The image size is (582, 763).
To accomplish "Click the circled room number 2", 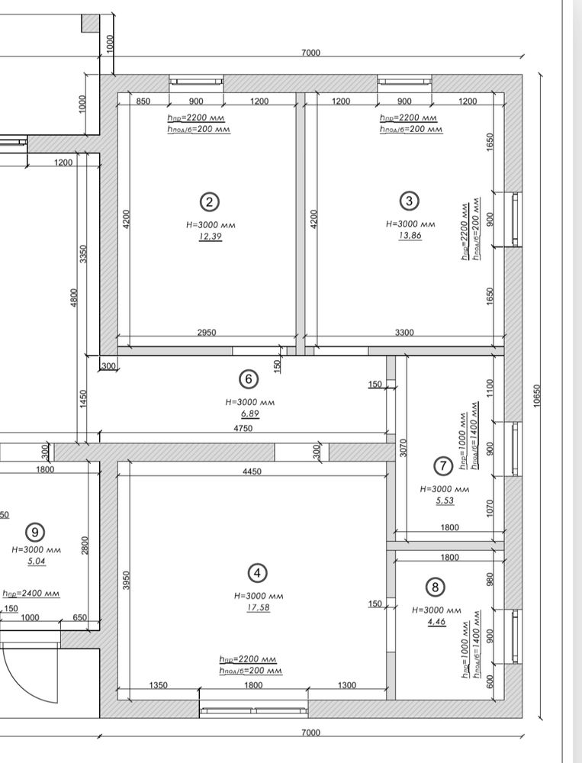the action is click(x=209, y=202).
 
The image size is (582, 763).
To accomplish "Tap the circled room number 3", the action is click(x=409, y=201).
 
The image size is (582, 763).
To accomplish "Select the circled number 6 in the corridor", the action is click(x=249, y=379).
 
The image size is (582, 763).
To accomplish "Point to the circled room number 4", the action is click(x=257, y=573).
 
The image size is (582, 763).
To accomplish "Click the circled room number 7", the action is click(x=443, y=466).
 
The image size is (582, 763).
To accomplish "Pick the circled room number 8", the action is click(x=435, y=588).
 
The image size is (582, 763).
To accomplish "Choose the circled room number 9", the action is click(x=34, y=533).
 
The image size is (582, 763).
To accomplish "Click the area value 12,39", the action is click(x=211, y=237).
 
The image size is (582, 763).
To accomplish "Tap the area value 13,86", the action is click(x=410, y=236).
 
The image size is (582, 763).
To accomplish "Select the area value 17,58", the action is click(x=258, y=607).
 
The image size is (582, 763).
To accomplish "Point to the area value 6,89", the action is click(x=249, y=414).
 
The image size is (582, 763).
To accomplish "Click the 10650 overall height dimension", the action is click(x=537, y=395).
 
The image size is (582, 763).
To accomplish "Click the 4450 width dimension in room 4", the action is click(x=252, y=471).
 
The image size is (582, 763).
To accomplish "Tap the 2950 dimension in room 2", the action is click(x=207, y=333).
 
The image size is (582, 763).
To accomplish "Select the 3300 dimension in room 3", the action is click(x=404, y=333).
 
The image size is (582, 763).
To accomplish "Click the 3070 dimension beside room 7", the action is click(x=403, y=448).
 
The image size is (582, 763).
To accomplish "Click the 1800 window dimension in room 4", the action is click(x=253, y=685).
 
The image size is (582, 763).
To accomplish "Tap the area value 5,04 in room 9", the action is click(x=37, y=562).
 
